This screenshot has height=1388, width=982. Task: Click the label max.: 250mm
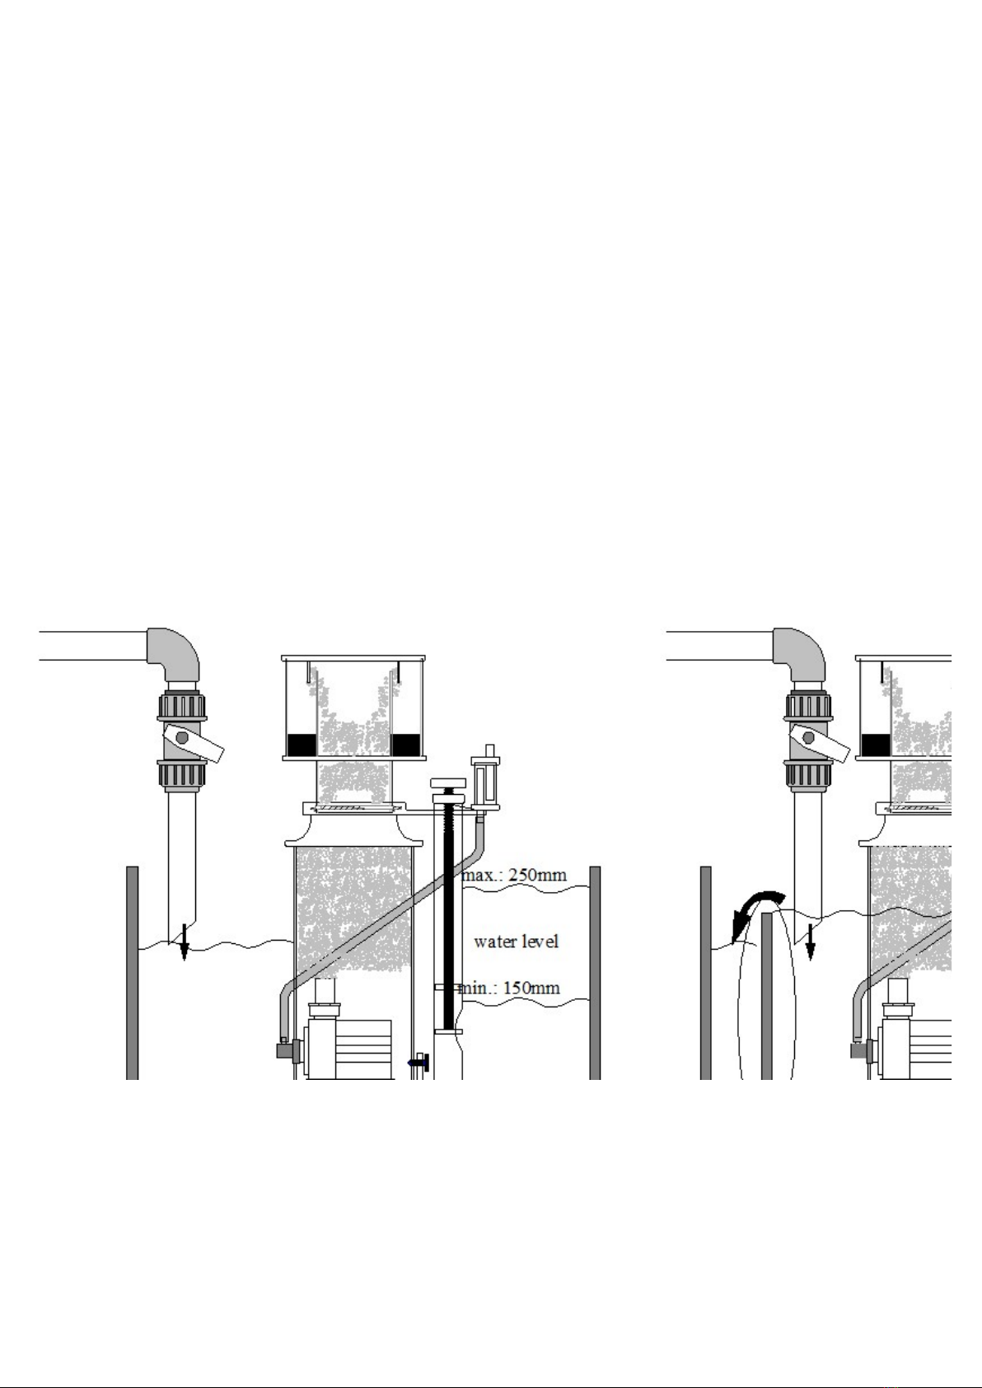pyautogui.click(x=513, y=875)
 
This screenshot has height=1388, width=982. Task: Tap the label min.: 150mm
pyautogui.click(x=508, y=988)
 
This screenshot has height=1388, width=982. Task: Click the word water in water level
pyautogui.click(x=493, y=942)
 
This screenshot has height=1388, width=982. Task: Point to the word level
pyautogui.click(x=539, y=942)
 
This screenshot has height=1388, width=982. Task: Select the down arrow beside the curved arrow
pyautogui.click(x=811, y=942)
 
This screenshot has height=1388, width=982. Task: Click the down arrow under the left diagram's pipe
pyautogui.click(x=184, y=942)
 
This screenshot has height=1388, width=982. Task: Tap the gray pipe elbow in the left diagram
pyautogui.click(x=174, y=654)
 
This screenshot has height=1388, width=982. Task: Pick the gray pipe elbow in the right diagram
pyautogui.click(x=799, y=654)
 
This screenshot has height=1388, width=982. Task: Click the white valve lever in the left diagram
pyautogui.click(x=193, y=745)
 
